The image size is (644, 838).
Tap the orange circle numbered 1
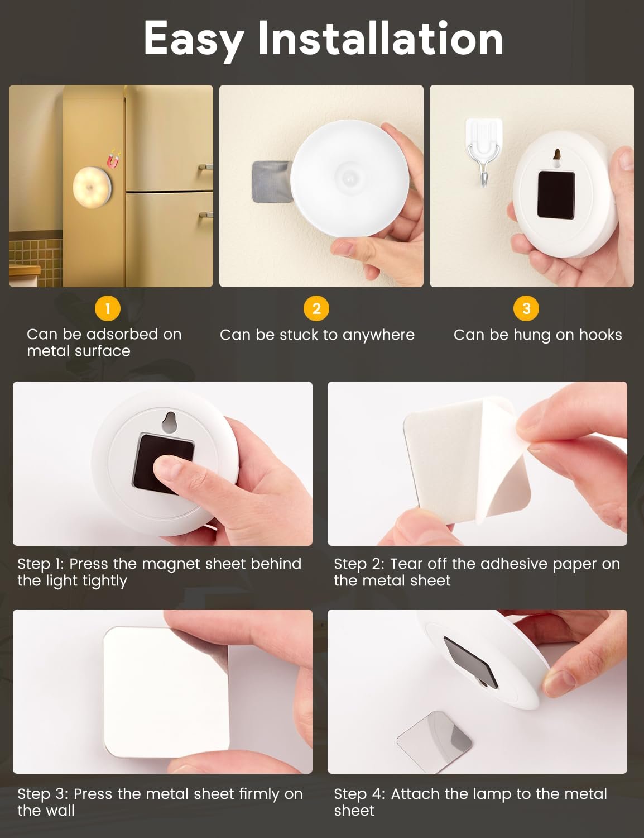tap(108, 308)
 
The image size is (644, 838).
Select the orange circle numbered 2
tap(316, 308)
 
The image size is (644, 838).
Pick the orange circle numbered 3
tap(526, 308)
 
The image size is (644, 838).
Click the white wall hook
tap(484, 151)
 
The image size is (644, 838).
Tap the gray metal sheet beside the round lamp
tap(272, 182)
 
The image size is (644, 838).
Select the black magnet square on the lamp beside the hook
tap(556, 195)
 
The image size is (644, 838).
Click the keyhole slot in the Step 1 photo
tap(169, 422)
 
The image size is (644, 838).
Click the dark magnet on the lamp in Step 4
tap(470, 663)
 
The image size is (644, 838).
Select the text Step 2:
tap(359, 564)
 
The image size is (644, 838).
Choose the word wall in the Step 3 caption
tap(60, 810)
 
